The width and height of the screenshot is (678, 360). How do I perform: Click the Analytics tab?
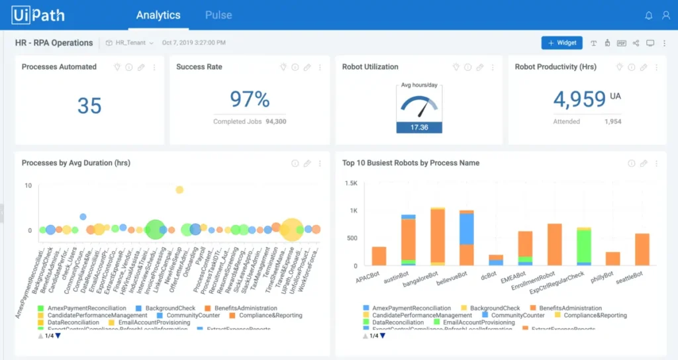tap(158, 15)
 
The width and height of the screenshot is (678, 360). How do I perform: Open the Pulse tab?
tap(218, 15)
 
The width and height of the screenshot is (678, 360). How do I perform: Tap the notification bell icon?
tap(648, 15)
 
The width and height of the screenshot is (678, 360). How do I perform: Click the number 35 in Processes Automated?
tap(89, 105)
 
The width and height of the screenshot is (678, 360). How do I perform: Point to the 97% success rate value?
tap(250, 99)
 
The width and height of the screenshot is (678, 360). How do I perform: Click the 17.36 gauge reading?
tap(419, 127)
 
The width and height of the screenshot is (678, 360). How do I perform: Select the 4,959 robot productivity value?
tap(579, 99)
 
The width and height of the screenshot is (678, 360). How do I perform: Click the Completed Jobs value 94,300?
tap(276, 122)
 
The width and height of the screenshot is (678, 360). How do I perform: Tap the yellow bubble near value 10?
tap(179, 190)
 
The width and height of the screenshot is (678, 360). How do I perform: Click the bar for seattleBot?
tap(642, 249)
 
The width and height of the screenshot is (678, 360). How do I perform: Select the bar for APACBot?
tap(379, 256)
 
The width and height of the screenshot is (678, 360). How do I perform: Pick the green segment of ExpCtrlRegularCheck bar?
tap(583, 247)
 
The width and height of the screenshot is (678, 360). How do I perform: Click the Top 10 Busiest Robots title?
tap(411, 163)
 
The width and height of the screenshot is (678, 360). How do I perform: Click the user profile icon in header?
tap(665, 15)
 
